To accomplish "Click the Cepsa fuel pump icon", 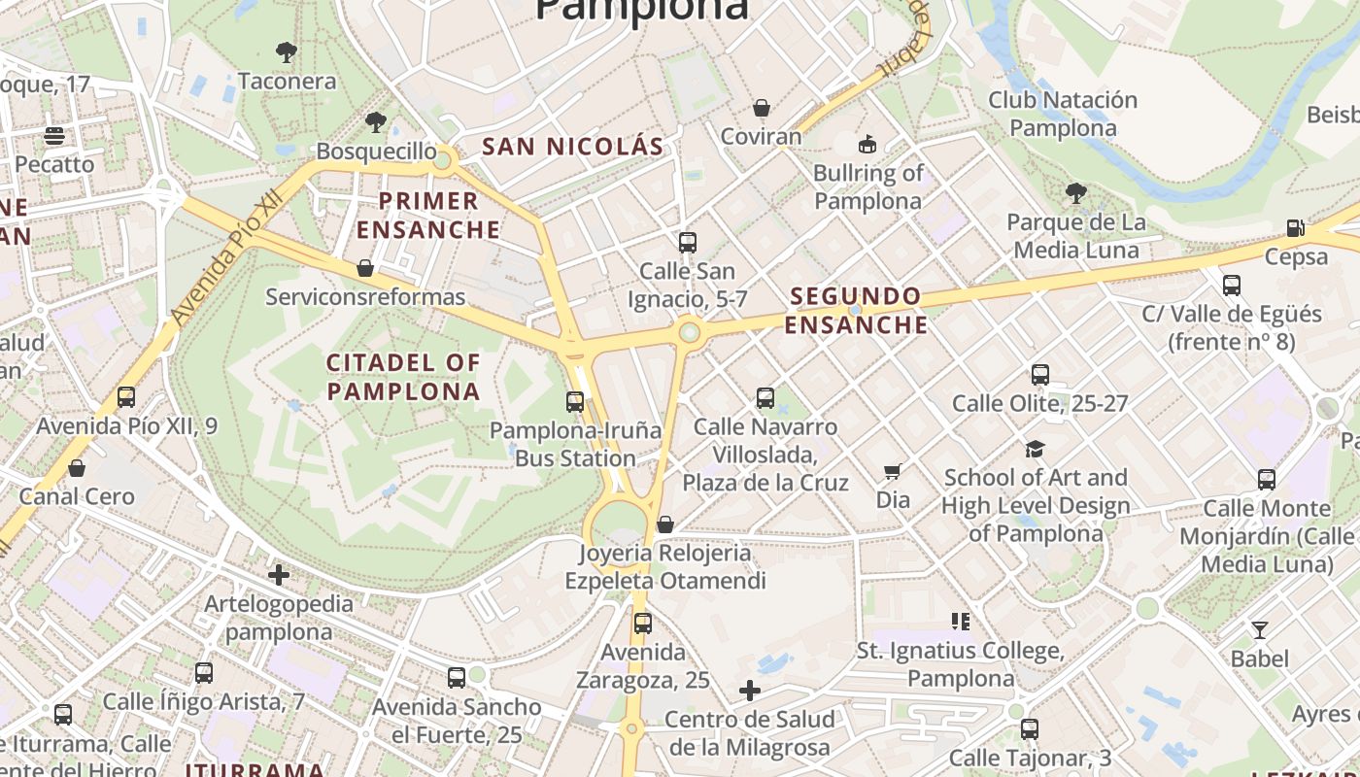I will click(x=1295, y=228).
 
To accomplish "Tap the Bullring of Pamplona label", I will click(x=867, y=186).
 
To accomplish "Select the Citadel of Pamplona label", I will click(x=403, y=377).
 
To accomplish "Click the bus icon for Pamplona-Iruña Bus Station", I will click(x=575, y=401).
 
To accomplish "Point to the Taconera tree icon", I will click(x=286, y=52).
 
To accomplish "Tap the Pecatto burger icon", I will click(x=53, y=135).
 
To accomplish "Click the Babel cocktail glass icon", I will click(x=1259, y=630).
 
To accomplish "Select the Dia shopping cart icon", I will click(x=892, y=472).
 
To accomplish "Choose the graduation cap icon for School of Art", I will click(x=1035, y=449).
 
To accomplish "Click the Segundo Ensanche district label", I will click(x=856, y=310).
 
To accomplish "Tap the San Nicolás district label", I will click(x=573, y=147).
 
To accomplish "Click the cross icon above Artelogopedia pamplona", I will click(x=279, y=575).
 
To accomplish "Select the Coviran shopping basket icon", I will click(x=762, y=107).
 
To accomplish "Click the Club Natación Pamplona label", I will click(x=1063, y=114).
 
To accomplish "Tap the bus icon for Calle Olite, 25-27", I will click(x=1040, y=374).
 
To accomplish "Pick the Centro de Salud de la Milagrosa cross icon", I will click(x=749, y=691).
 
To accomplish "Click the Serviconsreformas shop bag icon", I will click(x=365, y=268).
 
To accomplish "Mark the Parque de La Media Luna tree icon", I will click(x=1075, y=193).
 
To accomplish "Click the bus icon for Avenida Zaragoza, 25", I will click(x=642, y=624).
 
